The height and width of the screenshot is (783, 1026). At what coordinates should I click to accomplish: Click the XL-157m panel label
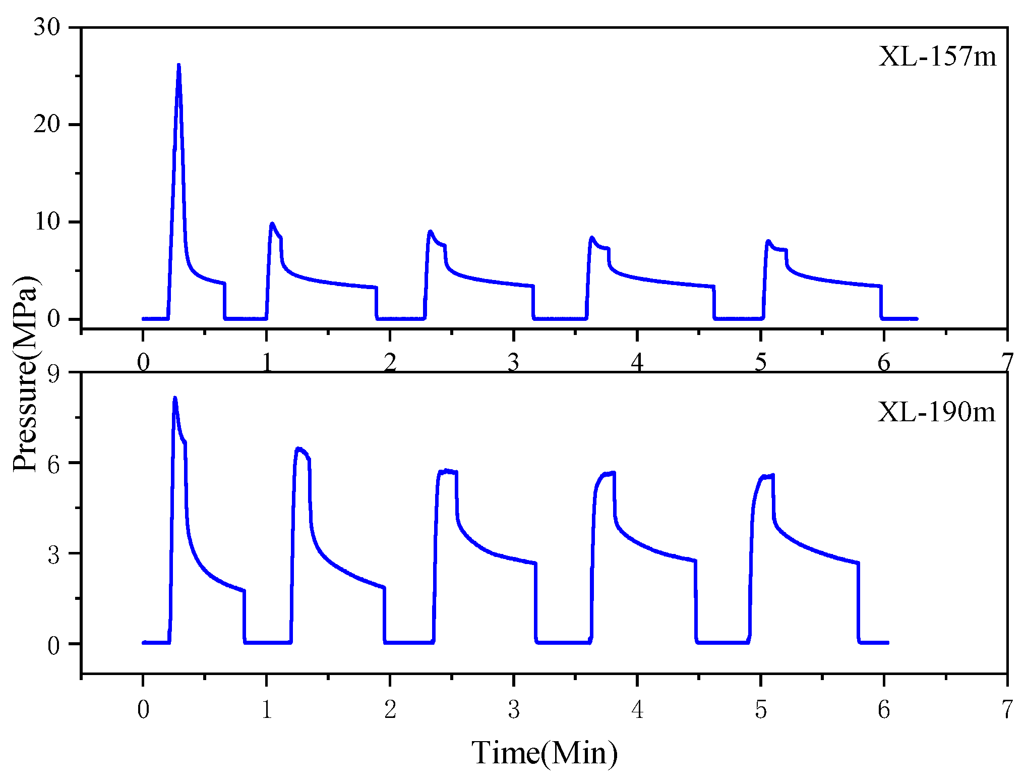point(937,57)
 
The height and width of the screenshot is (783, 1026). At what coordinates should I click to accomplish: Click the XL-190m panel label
point(936,412)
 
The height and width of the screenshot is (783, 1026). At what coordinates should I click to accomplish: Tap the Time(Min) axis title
point(545,753)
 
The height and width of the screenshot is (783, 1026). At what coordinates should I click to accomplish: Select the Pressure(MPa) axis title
point(25,373)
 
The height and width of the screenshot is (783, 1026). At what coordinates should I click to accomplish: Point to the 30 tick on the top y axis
point(47,27)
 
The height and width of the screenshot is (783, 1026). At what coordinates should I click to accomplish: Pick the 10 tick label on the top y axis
point(47,221)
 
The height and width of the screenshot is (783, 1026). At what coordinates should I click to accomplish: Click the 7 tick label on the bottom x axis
point(1006,710)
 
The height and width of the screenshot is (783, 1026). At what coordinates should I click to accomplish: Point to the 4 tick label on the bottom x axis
point(637,710)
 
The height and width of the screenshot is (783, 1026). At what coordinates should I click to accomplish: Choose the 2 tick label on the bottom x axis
point(390,710)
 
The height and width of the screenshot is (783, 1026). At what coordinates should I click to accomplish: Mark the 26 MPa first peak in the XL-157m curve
point(178,66)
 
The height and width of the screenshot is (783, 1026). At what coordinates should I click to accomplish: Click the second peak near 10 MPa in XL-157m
point(272,223)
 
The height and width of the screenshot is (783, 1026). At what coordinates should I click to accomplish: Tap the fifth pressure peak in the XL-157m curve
point(768,241)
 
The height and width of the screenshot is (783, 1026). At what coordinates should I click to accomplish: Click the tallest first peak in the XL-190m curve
point(175,399)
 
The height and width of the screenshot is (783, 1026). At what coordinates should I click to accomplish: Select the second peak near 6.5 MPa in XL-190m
point(298,448)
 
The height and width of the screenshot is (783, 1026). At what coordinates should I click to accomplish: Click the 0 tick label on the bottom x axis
point(143,710)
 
